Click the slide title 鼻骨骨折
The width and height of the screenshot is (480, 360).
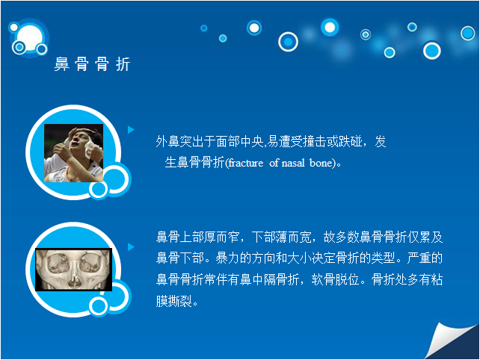(92, 64)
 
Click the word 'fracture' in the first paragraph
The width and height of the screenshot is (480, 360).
(246, 163)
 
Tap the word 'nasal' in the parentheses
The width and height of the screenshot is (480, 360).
(293, 163)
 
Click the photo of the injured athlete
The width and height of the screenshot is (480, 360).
(73, 153)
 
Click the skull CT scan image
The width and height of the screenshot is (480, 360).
(73, 270)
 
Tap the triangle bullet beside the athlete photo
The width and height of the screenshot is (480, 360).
(131, 130)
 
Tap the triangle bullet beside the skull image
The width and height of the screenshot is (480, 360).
(131, 246)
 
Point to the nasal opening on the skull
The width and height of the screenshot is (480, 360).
(74, 281)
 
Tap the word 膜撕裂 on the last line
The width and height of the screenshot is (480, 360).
(174, 301)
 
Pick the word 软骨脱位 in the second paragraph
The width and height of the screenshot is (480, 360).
(335, 279)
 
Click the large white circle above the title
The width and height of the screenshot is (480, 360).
(29, 38)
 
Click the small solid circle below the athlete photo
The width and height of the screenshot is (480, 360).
(98, 189)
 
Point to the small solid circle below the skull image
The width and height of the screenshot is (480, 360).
(98, 306)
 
